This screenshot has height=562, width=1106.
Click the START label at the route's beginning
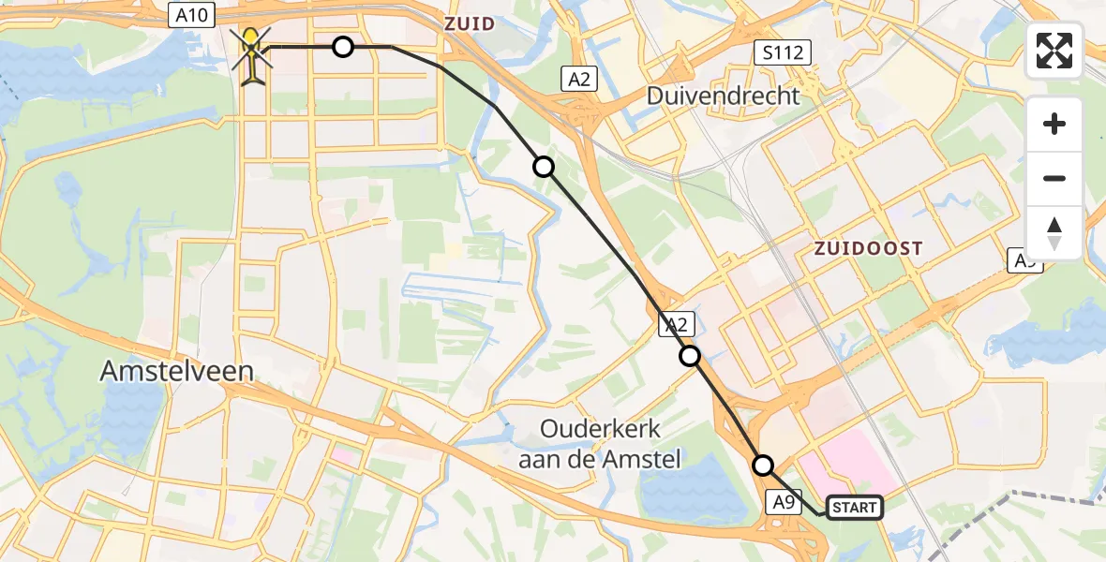tap(854, 508)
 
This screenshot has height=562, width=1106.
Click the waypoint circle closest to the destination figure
tap(343, 46)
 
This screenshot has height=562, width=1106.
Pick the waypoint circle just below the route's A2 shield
tap(690, 356)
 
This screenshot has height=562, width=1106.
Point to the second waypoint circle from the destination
tap(544, 167)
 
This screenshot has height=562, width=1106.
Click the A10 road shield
tap(192, 15)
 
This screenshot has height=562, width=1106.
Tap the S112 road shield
tap(782, 52)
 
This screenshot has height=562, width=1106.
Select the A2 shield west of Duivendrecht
tap(580, 80)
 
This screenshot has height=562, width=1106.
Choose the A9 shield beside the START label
tap(785, 502)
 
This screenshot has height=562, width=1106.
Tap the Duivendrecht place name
tap(723, 96)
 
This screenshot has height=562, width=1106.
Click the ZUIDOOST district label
tap(867, 248)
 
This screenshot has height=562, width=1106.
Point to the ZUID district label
tap(470, 23)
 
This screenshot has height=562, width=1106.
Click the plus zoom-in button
tap(1054, 124)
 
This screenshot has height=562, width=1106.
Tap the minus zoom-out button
tap(1054, 179)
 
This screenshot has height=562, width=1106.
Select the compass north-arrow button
tap(1054, 232)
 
